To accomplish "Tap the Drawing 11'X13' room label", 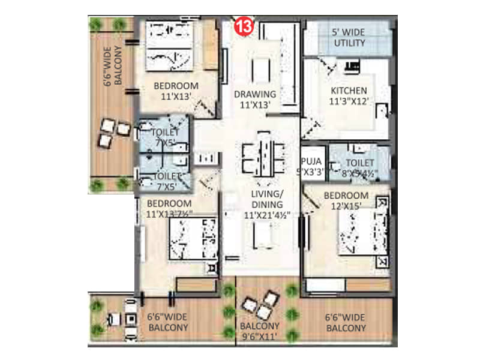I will [x=255, y=99].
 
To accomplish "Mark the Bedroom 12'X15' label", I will [x=346, y=201].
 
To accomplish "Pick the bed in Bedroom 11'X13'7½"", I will [x=191, y=239].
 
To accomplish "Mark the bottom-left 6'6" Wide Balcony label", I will [x=167, y=323].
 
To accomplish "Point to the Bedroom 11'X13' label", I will [x=167, y=90].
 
